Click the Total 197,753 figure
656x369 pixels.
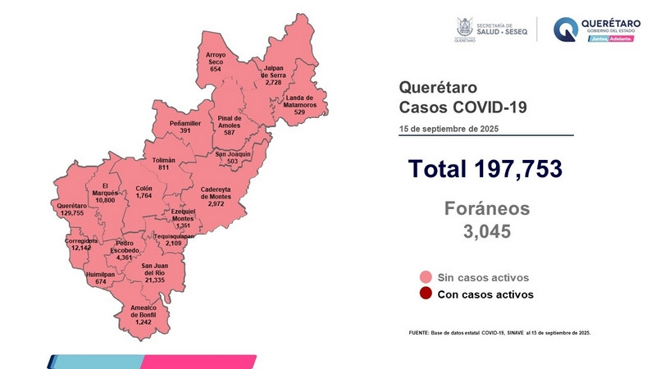click(x=485, y=169)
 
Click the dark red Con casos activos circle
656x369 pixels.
click(x=425, y=294)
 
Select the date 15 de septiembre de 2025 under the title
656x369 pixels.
click(x=449, y=129)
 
